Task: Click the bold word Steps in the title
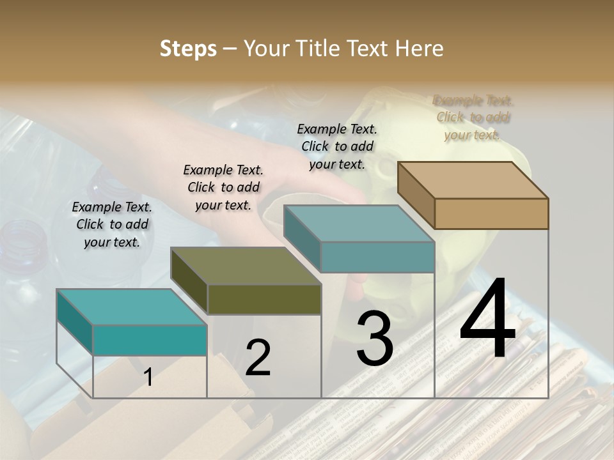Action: pyautogui.click(x=188, y=49)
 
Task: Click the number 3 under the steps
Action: pyautogui.click(x=374, y=339)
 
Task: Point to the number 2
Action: pyautogui.click(x=258, y=357)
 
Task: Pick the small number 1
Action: pyautogui.click(x=148, y=378)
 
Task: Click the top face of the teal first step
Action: pyautogui.click(x=132, y=307)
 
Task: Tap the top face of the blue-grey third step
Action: pyautogui.click(x=359, y=224)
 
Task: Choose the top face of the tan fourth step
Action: pyautogui.click(x=473, y=180)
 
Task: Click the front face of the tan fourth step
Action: pyautogui.click(x=491, y=213)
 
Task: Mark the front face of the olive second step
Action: pyautogui.click(x=264, y=299)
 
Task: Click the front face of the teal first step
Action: pyautogui.click(x=150, y=340)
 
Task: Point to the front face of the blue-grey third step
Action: pyautogui.click(x=377, y=257)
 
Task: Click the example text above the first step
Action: pyautogui.click(x=112, y=225)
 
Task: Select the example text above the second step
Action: pyautogui.click(x=223, y=188)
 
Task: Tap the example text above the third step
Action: pyautogui.click(x=337, y=146)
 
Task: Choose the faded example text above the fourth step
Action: pyautogui.click(x=473, y=118)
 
